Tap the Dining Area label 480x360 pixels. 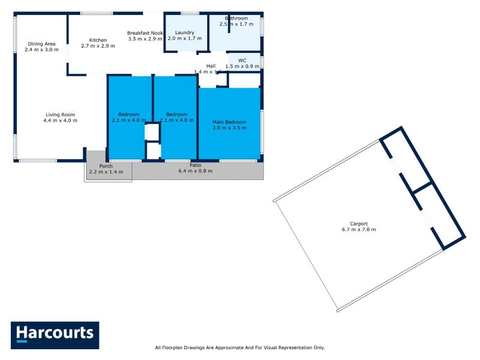coord(41,44)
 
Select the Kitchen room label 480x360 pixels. coord(98,40)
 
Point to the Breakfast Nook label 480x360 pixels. coord(145,33)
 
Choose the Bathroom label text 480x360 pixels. coord(236,19)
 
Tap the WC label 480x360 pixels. coord(242,61)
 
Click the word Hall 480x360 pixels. coord(211,66)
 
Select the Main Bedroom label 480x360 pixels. coord(229,122)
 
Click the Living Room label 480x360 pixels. coord(60,115)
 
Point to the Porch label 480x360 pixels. coord(106,166)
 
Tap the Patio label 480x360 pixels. coord(196,164)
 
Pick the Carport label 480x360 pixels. coord(359,223)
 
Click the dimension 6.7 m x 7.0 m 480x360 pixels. coord(359,229)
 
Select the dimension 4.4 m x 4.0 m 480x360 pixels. coord(60,121)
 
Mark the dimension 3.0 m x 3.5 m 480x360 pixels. coord(229,128)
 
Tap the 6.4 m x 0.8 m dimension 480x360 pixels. coord(196,170)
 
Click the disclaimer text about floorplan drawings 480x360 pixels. coord(239,347)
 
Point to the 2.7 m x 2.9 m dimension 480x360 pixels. coord(98,46)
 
